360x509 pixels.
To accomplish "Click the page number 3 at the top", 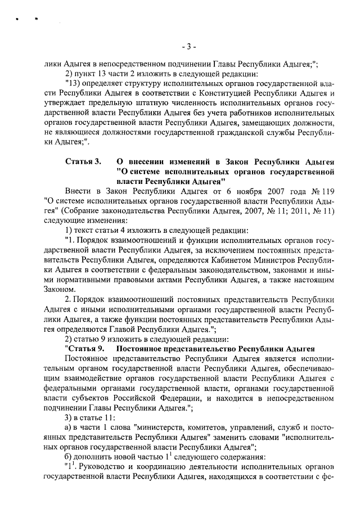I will [x=189, y=46].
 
